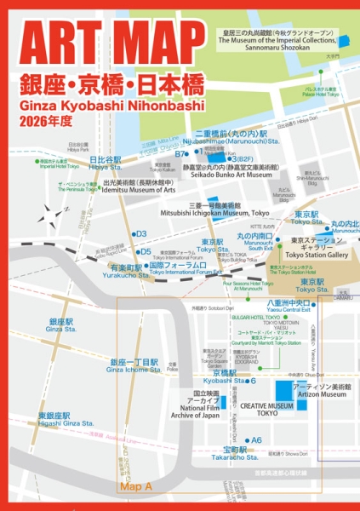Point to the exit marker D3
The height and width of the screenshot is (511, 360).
140,233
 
